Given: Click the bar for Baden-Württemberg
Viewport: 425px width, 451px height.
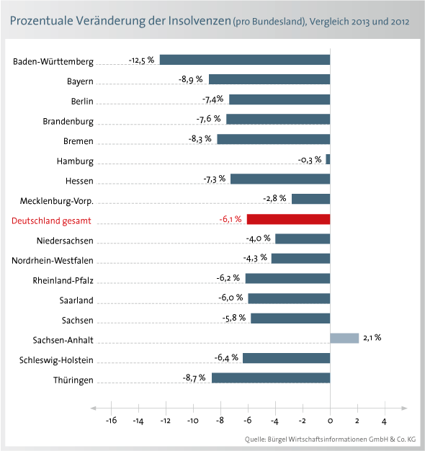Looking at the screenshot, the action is pos(245,60).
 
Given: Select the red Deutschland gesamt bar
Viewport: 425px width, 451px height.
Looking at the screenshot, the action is pos(288,219).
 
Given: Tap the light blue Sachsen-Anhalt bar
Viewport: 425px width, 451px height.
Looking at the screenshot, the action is pos(344,339).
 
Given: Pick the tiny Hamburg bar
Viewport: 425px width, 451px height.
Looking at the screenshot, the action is pos(328,159).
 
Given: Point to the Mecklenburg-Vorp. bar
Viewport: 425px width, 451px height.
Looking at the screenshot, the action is pos(311,199).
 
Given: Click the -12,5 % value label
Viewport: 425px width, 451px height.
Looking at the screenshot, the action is pos(141,61).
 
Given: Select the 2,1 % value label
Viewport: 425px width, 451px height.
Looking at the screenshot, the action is pos(372,338).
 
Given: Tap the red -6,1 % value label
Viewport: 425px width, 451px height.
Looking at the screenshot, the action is pos(231,219).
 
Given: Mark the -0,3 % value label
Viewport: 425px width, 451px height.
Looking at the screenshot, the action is pos(310,160).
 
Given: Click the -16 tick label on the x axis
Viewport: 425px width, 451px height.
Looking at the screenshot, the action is pos(111,421).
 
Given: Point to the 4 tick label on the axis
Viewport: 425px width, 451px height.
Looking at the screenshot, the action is pos(384,421).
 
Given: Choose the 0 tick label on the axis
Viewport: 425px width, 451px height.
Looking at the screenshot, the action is pos(330,421).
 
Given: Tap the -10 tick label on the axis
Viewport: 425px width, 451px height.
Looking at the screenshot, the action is pos(193,421).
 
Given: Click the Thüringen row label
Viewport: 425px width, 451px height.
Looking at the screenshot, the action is pos(73,380).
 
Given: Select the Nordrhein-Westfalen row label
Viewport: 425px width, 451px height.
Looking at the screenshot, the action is pos(53,261).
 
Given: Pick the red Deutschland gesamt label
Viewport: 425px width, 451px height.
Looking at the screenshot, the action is pos(51,221).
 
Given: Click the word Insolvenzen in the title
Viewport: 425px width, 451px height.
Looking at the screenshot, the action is pos(200,21).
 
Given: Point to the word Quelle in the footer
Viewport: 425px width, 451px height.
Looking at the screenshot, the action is pos(255,439).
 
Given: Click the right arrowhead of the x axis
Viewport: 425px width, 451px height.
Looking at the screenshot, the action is pos(404,408).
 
